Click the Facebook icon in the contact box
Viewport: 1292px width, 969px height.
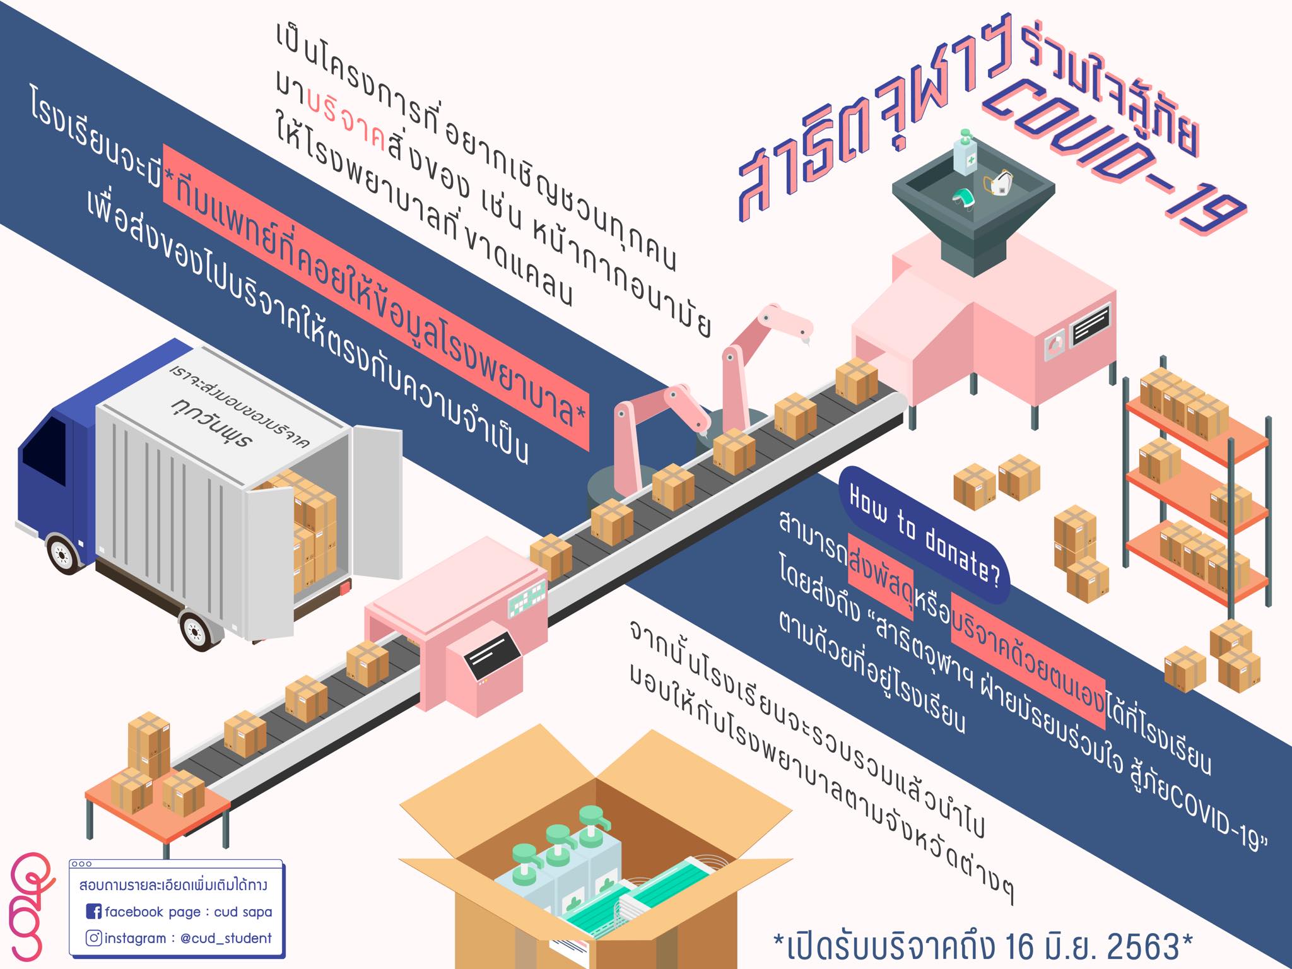coord(93,912)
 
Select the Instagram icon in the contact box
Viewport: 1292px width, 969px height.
coord(93,938)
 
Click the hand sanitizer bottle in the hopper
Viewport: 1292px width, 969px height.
coord(965,152)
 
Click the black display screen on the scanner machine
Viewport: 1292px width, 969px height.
coord(492,655)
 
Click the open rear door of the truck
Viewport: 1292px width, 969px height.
coord(377,502)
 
